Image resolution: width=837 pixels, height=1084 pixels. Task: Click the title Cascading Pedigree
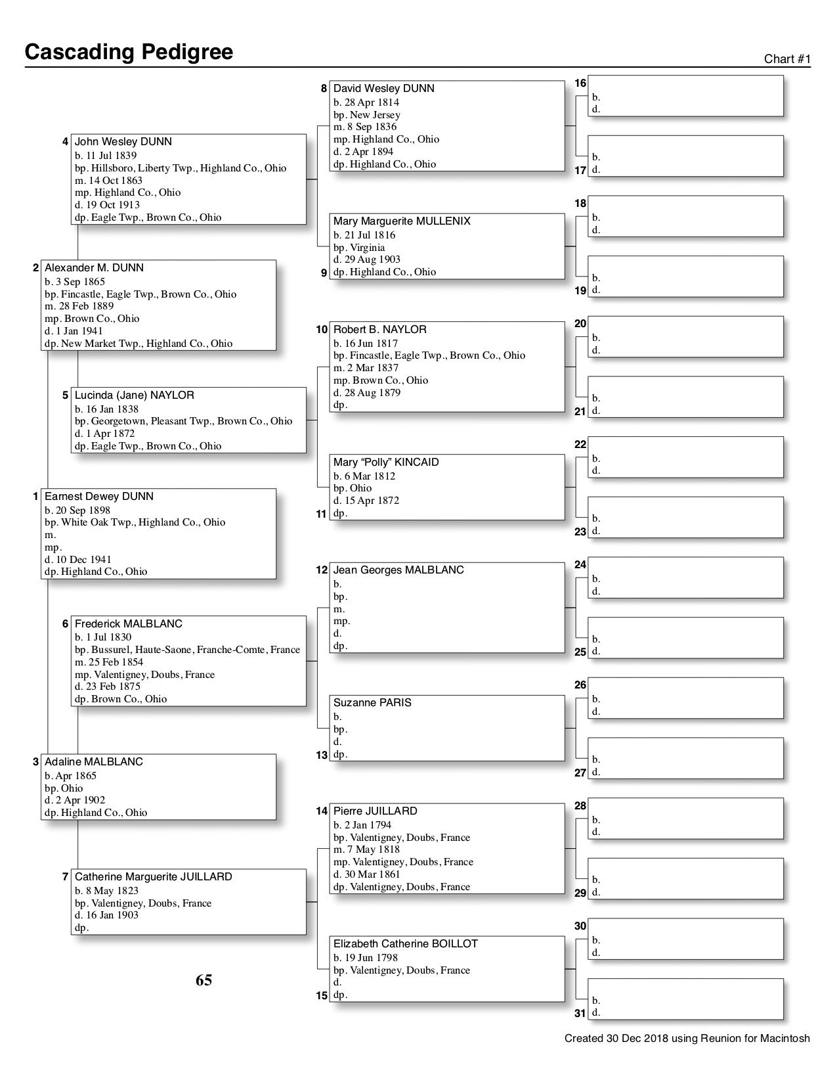point(129,52)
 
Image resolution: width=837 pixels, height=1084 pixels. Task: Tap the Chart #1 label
point(787,59)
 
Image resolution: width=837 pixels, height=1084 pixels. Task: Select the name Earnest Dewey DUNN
point(99,497)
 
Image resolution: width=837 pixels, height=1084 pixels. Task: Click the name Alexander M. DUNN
point(94,268)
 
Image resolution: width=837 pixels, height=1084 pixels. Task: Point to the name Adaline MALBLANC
point(94,762)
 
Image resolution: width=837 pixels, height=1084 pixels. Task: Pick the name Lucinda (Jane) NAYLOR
point(135,395)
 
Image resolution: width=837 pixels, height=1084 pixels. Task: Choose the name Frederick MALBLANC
point(129,624)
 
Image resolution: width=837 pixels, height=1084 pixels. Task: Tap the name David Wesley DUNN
point(384,89)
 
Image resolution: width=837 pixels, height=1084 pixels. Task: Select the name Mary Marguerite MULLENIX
point(402,221)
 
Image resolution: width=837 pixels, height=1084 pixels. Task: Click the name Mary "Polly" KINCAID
point(386,463)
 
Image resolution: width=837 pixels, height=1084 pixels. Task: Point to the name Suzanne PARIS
point(372,703)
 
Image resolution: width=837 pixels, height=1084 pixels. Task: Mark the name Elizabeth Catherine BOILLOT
point(406,944)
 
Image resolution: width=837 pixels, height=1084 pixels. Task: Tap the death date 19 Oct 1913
point(112,205)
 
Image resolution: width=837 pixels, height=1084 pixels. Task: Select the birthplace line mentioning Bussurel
point(187,650)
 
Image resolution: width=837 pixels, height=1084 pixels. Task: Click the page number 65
point(204,980)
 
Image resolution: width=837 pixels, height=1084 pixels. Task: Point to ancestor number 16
point(580,83)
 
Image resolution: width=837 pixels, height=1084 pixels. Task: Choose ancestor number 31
point(580,1014)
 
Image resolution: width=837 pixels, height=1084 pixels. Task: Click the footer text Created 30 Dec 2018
point(687,1039)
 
